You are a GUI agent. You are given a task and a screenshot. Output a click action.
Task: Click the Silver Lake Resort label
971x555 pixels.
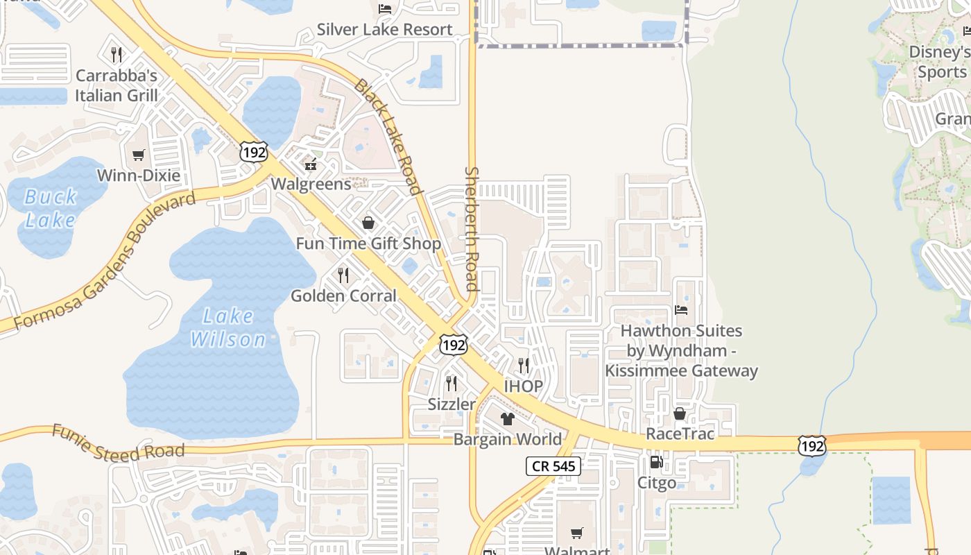[x=384, y=30]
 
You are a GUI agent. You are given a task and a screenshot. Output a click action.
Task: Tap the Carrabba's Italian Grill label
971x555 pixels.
[x=117, y=85]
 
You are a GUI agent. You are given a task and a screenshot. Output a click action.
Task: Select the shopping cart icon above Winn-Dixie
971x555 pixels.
[x=139, y=155]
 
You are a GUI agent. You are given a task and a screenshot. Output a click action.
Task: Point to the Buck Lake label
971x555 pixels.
[x=50, y=208]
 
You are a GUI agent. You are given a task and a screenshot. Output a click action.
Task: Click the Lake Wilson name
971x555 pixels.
[x=228, y=327]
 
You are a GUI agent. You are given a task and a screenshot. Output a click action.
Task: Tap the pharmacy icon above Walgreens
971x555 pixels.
[x=311, y=165]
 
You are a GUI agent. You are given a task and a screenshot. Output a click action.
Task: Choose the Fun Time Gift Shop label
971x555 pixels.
[x=368, y=244]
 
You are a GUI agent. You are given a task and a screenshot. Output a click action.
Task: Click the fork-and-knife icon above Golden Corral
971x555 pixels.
[x=343, y=275]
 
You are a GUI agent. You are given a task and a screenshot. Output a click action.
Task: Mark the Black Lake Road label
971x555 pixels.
[x=388, y=137]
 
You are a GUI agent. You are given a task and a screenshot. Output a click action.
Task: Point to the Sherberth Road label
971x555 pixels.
[x=472, y=228]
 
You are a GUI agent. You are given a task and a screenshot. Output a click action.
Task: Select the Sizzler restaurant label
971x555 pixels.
[x=452, y=404]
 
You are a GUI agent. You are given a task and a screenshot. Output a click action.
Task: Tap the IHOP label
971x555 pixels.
[x=523, y=386]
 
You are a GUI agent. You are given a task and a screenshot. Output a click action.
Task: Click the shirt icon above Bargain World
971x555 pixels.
[x=508, y=419]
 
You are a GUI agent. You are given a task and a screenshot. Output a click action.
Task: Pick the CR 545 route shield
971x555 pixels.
[x=553, y=466]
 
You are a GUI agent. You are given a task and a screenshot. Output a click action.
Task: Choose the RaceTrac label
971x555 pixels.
[x=680, y=434]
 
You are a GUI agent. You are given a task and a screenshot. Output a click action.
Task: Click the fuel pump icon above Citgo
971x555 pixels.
[x=655, y=462]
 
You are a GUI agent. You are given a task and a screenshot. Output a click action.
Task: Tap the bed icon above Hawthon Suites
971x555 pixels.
[x=681, y=310]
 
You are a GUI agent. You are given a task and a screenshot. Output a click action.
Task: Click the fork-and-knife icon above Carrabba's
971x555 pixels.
[x=117, y=54]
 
